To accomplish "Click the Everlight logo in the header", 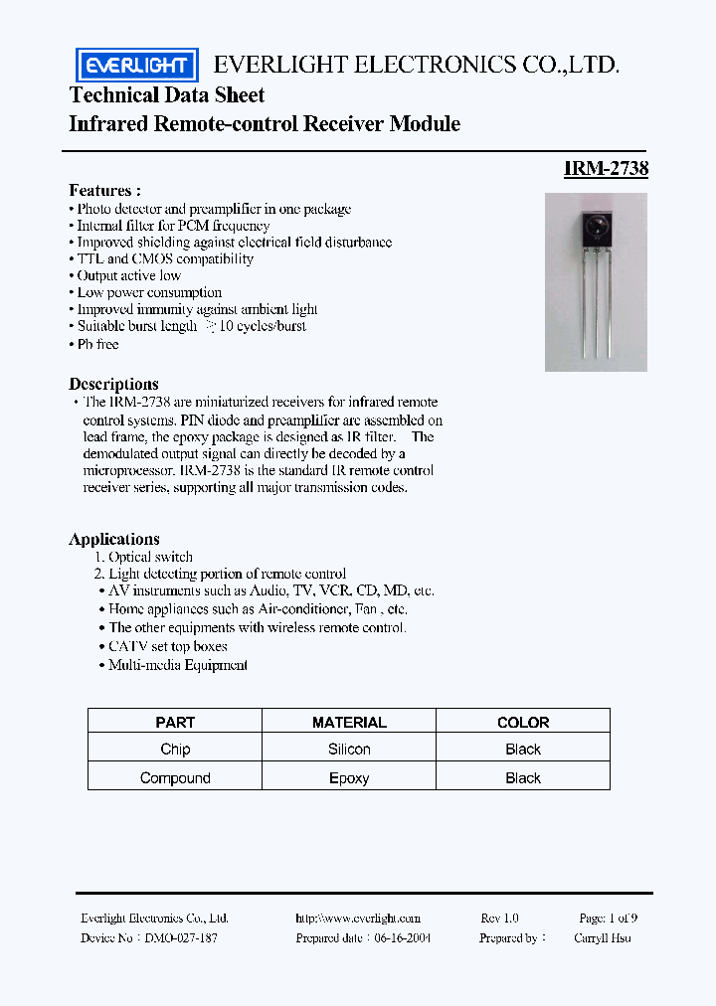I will coord(137,66).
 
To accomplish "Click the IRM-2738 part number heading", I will coord(606,169).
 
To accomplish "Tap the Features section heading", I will coord(104,190).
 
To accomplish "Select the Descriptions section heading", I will coord(113,384).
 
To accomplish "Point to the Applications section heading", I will coord(114,539).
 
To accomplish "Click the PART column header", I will coord(175,723).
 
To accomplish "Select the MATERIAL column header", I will coord(349,723).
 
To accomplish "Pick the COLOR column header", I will coord(523,723).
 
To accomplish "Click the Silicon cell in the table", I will coord(349,750).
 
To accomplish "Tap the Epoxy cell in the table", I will coord(349,778).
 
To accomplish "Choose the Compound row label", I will coord(175,778).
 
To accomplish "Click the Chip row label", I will coord(175,750).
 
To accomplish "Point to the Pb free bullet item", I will coord(97,344).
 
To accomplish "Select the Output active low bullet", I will coord(128,275).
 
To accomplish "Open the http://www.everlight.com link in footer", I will coord(358,919).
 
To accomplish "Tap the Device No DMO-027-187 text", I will coord(149,937).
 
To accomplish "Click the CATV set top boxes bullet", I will coord(168,646).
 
